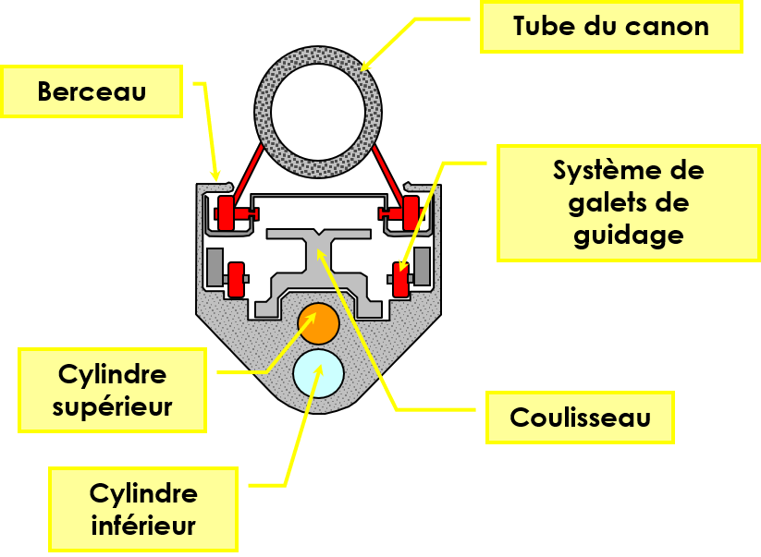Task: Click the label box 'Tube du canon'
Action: (x=611, y=26)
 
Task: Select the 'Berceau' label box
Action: (x=92, y=91)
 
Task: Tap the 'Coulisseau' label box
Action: (x=580, y=417)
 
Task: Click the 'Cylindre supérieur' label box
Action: (x=112, y=390)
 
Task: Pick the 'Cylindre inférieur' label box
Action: (x=143, y=508)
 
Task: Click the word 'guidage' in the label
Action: (x=628, y=235)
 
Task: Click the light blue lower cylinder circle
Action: (x=318, y=372)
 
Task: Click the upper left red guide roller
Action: (x=225, y=213)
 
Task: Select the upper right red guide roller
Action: (x=410, y=213)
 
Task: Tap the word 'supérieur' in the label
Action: (x=112, y=406)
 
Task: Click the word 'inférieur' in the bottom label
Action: (x=143, y=525)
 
